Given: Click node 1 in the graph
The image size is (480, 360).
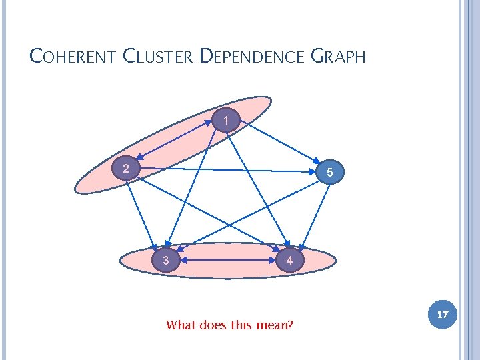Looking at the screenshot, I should [x=227, y=121].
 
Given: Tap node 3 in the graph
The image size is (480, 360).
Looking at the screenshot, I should [x=166, y=260].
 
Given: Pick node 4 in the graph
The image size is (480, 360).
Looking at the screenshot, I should [x=289, y=260].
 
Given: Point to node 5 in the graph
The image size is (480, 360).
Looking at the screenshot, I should [x=331, y=173].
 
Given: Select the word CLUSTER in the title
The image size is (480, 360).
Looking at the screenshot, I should [x=158, y=56].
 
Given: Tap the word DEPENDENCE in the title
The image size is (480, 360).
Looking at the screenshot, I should [x=252, y=56].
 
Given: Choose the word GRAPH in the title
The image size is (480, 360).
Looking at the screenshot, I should [x=339, y=56].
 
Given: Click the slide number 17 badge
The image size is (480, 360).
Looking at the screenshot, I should [x=442, y=313].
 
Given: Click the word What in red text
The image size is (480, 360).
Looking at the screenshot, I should [x=181, y=325].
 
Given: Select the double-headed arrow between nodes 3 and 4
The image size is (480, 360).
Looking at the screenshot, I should [x=227, y=261].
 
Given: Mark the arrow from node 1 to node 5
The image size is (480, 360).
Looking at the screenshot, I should [x=280, y=145].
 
